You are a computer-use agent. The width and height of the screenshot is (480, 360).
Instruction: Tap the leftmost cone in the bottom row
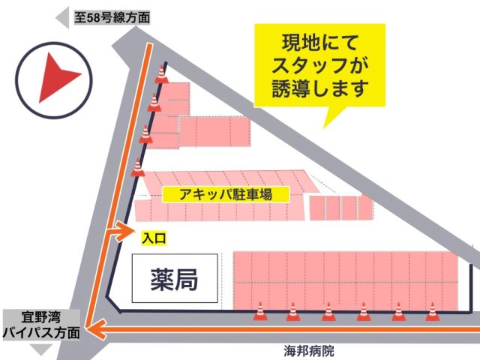259,310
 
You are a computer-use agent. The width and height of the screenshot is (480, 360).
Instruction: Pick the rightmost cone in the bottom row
431,310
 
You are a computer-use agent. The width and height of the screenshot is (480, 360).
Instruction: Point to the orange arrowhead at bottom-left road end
92,328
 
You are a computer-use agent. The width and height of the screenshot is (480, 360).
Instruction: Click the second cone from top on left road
154,102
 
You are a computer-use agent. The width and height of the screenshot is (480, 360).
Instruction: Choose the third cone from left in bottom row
328,310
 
